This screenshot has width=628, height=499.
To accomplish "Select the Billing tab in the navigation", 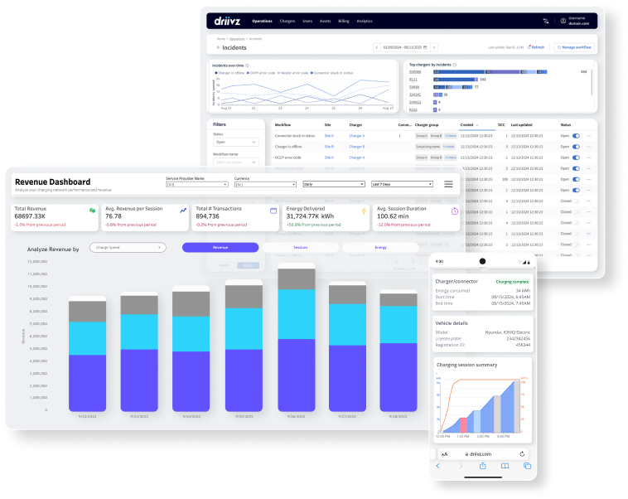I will coord(344,21).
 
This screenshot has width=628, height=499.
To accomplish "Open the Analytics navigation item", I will coord(365,21).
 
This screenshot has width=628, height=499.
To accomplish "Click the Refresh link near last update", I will coord(537,47).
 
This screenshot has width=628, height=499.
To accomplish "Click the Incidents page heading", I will coord(234,48).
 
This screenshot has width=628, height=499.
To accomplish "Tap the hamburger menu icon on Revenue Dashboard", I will coord(448,184).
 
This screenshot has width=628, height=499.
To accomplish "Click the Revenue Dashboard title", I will coord(53,182).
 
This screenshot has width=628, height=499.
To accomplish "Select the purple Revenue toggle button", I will coord(220,247).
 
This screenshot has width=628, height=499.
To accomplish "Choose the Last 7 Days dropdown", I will coord(402,184).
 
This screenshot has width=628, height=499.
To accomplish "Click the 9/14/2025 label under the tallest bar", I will coord(296,417).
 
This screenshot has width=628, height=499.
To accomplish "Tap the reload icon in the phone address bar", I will coord(522,454).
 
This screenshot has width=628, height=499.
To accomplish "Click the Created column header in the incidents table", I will coord(467,124).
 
